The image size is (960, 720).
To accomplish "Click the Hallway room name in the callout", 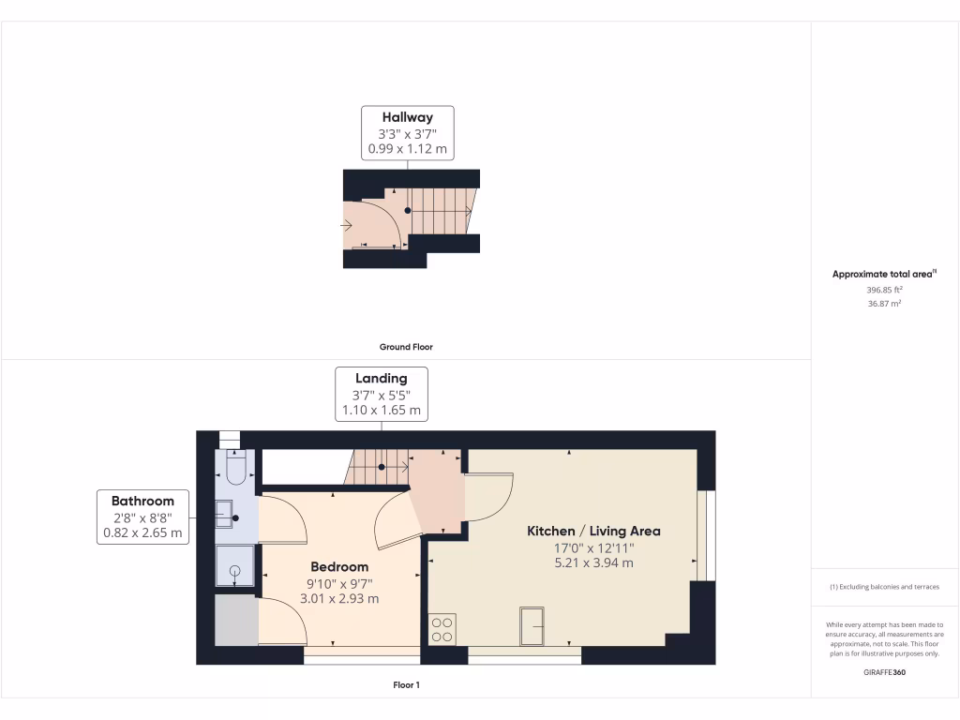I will pos(407,117).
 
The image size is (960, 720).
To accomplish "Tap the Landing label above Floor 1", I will pos(381,378).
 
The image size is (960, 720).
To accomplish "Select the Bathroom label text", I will pos(142,501).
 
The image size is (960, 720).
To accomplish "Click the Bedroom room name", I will pos(339,566).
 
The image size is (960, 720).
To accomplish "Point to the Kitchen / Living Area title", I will pos(593,531).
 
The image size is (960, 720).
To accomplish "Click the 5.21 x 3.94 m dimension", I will pos(593,562).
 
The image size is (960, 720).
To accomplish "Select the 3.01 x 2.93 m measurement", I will pos(339,598).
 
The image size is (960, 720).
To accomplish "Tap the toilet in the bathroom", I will pos(235,467).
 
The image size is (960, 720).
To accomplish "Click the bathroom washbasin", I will pos(225,510).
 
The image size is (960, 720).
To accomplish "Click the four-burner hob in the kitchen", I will pos(442,628).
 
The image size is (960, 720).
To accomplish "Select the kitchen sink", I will pos(534,625).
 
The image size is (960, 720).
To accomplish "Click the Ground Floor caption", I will pos(407,347).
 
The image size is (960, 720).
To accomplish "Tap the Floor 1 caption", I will pos(406,685).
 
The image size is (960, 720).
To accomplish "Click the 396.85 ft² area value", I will pos(884,290).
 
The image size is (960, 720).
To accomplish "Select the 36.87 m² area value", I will pos(884,304).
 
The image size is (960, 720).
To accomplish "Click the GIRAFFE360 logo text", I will pos(884,672).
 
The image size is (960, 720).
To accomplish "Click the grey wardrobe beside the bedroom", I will pos(235,619).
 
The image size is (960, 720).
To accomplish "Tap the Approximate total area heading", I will pos(882,275).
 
